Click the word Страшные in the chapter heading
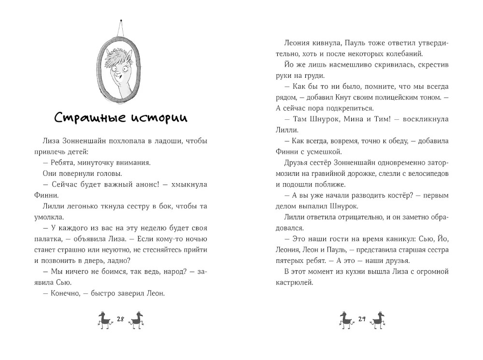click(85, 117)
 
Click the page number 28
click(121, 318)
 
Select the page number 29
click(362, 318)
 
